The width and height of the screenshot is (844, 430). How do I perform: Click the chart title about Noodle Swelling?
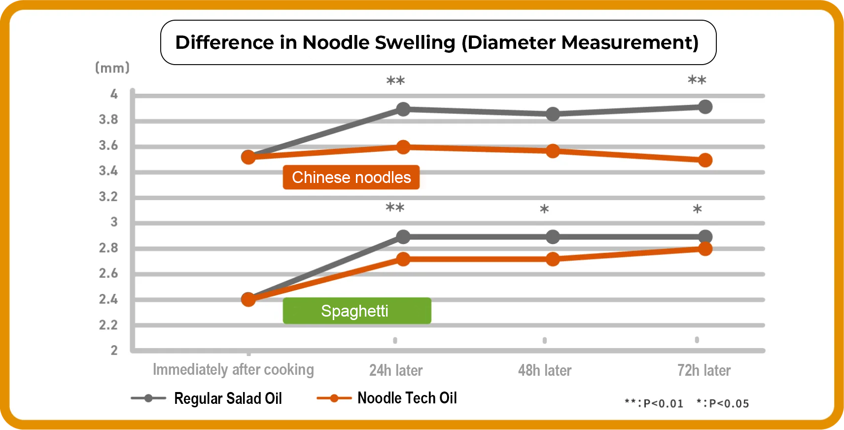coord(437,42)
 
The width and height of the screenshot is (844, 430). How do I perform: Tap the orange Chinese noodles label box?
coord(351,177)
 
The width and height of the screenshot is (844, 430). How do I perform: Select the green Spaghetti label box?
coord(356,311)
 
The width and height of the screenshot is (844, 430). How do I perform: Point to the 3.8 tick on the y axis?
coord(108,119)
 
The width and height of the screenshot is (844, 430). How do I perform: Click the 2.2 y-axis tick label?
coord(108,325)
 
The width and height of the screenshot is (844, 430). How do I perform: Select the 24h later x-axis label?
coord(396,370)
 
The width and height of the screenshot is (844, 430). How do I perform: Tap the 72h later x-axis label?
coord(703,370)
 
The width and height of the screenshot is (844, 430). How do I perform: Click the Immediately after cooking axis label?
coord(233,369)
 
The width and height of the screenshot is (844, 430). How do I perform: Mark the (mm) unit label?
coord(112,68)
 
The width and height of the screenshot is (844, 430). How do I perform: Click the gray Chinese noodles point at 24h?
coord(403,109)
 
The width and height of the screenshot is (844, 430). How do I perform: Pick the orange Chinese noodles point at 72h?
coord(705,160)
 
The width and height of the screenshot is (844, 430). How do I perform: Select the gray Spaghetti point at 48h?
coord(553,237)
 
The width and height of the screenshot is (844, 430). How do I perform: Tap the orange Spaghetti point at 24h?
coord(403,259)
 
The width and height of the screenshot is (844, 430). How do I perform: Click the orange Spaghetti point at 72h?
coord(705,249)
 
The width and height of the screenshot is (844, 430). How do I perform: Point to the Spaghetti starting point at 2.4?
coord(248,299)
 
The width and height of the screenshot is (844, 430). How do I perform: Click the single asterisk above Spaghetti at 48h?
coord(544,209)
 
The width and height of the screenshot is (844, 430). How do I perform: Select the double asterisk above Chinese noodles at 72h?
coord(697,80)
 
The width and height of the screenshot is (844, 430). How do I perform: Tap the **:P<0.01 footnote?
coord(654,403)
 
